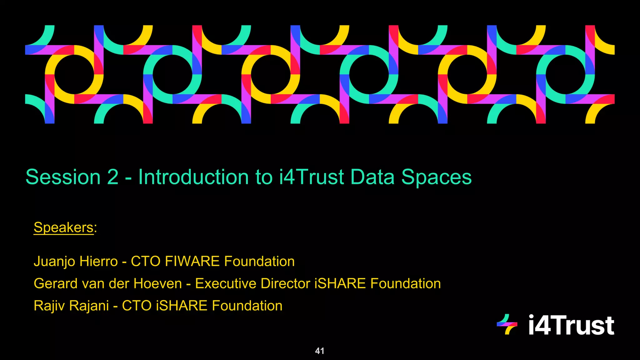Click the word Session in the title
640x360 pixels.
(x=63, y=177)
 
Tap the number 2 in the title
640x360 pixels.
(x=113, y=177)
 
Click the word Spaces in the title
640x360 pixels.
(x=436, y=177)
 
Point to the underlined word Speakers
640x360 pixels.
(x=64, y=227)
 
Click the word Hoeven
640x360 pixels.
(x=158, y=284)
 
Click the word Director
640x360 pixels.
(x=286, y=284)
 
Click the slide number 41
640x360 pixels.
(x=320, y=351)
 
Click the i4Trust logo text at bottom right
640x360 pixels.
(x=571, y=325)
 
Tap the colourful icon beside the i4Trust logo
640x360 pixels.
(x=507, y=324)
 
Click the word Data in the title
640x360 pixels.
(x=372, y=177)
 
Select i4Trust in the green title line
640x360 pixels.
(x=312, y=177)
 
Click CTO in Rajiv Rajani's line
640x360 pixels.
(x=137, y=306)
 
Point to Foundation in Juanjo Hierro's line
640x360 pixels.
(x=259, y=262)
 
